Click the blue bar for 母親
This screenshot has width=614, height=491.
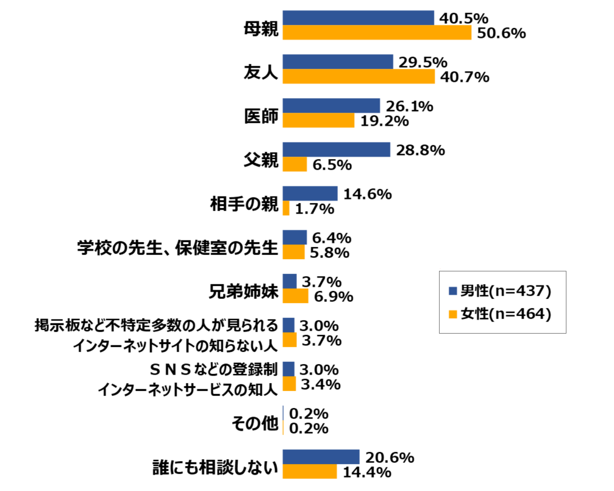point(359,18)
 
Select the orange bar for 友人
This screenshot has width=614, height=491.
point(359,77)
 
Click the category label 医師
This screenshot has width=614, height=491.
point(261,115)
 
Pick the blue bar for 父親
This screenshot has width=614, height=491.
point(337,150)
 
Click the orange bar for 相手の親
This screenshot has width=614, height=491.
point(287,209)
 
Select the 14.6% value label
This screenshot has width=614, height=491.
point(367,194)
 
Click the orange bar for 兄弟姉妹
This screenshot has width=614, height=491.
point(296,296)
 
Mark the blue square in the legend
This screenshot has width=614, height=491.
point(452,291)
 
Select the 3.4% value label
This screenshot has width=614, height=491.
point(320,385)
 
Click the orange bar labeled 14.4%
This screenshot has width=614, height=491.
point(310,472)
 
